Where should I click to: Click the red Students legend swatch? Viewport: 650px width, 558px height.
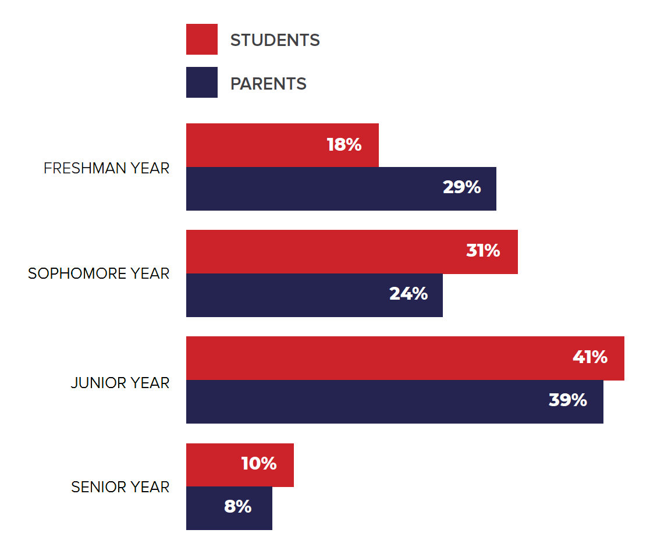201,39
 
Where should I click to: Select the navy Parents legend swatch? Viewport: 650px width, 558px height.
201,83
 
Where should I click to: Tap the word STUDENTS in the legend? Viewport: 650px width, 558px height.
275,40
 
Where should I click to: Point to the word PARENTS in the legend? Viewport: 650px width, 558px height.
268,84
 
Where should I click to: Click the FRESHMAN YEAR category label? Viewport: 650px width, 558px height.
106,168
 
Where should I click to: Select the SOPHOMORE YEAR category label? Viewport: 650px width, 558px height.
99,273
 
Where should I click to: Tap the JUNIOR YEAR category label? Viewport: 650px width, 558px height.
120,383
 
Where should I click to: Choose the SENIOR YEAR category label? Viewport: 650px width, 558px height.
120,487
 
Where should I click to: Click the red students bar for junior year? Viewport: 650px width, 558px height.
378,358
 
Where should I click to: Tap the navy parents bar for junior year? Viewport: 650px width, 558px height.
367,401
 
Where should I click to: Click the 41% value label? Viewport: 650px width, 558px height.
590,357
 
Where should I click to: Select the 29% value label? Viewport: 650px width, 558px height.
461,187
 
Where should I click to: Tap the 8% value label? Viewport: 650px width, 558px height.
237,507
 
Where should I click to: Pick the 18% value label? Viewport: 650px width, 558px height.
344,145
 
